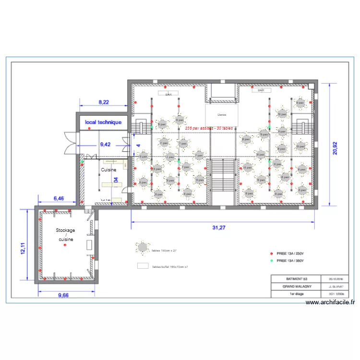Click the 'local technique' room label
click(x=103, y=122)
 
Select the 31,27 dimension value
click(x=219, y=228)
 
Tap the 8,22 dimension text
click(x=104, y=102)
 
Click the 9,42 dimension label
click(x=105, y=144)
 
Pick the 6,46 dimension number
click(x=58, y=198)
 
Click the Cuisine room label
click(x=108, y=170)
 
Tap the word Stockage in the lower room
click(x=65, y=230)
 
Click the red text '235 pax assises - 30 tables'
click(x=209, y=128)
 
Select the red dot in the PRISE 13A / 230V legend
click(x=271, y=253)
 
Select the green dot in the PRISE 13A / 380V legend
click(x=271, y=261)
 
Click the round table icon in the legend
click(x=143, y=248)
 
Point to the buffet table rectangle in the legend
click(x=143, y=265)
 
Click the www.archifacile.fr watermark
click(x=330, y=302)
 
